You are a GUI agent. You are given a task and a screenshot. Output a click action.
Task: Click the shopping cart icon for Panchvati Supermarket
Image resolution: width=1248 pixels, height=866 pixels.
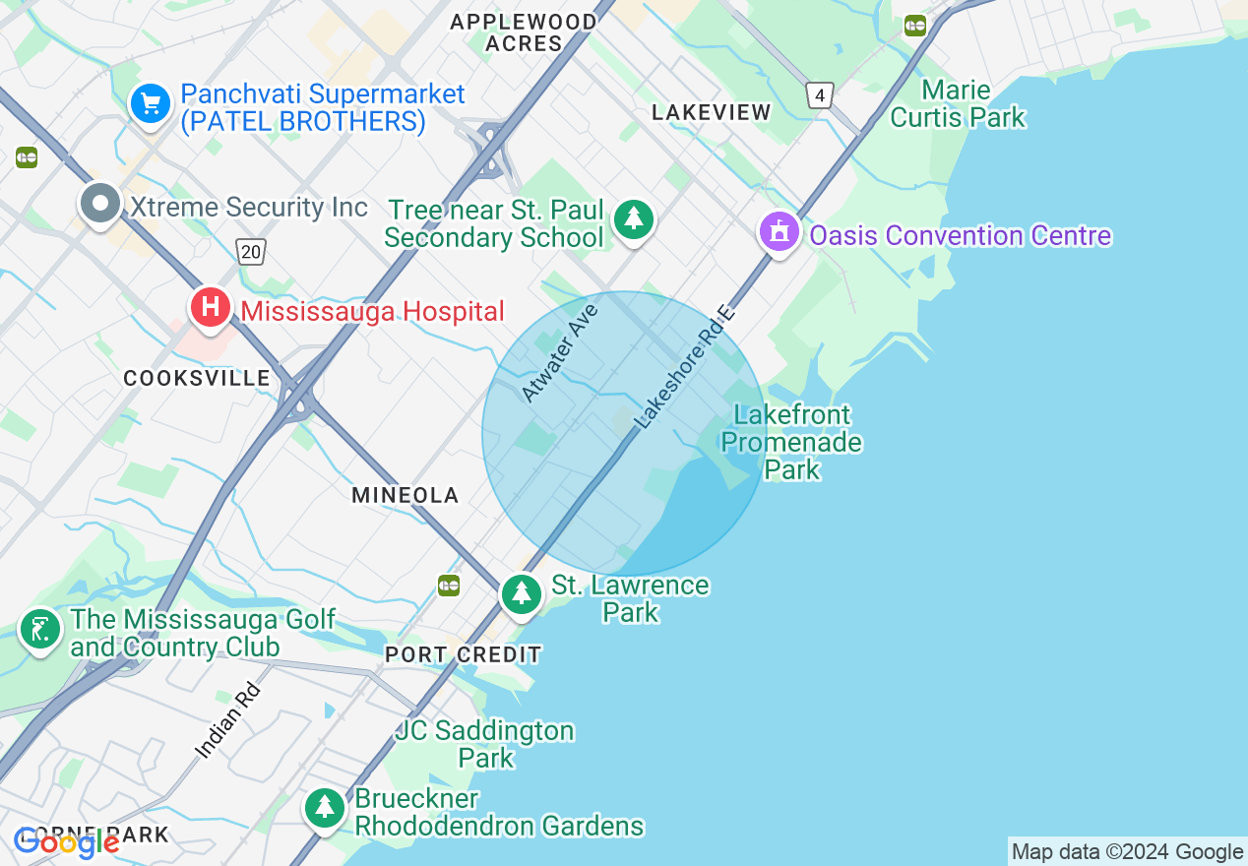point(150,102)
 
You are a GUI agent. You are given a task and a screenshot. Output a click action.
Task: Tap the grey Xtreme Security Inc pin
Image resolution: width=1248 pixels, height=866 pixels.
point(98,204)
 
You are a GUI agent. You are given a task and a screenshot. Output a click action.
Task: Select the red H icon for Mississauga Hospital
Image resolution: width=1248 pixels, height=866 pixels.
point(210,307)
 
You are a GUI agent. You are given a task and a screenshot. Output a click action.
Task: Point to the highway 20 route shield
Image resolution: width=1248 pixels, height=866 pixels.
point(251,252)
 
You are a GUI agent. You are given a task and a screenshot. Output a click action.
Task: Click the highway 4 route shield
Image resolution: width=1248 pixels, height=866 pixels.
point(819,95)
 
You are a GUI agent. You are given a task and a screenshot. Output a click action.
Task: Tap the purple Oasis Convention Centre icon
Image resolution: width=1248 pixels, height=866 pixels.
point(780,232)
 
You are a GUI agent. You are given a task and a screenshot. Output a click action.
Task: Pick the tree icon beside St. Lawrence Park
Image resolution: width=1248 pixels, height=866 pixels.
point(521,593)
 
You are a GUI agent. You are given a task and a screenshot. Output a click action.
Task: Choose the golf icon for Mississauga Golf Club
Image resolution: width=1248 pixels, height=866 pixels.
point(39,629)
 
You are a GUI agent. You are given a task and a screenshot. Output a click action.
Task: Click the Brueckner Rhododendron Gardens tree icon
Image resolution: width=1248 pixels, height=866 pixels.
point(324,808)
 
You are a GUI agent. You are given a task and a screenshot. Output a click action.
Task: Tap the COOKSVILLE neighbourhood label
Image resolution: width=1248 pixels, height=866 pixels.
point(197,378)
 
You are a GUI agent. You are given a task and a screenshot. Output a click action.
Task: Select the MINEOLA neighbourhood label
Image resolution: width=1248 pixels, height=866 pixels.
point(406,495)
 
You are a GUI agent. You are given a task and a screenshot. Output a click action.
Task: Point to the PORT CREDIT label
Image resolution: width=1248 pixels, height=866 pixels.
point(463,654)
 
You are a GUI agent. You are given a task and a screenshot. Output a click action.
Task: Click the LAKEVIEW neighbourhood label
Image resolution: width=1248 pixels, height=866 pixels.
point(712,113)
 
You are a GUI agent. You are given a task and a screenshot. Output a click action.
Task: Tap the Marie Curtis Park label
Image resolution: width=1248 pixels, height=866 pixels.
point(957,104)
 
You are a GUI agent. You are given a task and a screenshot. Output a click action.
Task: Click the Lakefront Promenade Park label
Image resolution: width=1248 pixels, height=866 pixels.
point(791,442)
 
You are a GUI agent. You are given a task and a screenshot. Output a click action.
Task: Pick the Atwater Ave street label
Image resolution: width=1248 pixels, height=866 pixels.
point(559,353)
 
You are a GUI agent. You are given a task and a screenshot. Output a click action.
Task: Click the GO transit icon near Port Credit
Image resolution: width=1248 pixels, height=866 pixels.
point(449,586)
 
